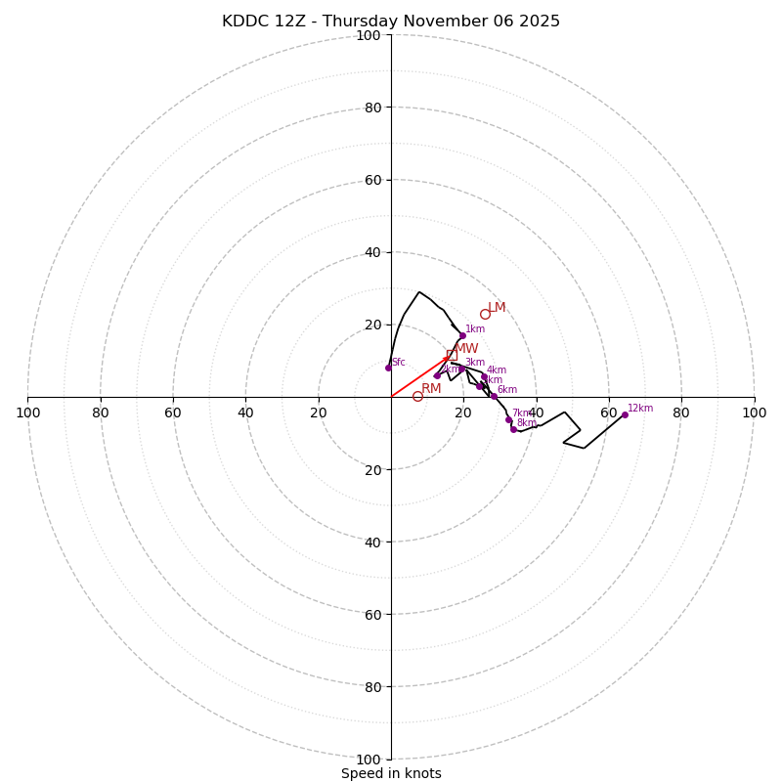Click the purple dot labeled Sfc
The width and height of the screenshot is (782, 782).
(x=388, y=368)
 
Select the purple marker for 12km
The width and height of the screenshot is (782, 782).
(x=625, y=414)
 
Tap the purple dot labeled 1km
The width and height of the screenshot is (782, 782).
(x=462, y=335)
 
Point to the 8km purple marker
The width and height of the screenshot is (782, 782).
(x=513, y=429)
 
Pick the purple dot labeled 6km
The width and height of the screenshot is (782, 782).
(x=494, y=396)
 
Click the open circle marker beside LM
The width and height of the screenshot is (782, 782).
(x=485, y=314)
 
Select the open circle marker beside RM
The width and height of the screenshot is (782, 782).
(x=417, y=396)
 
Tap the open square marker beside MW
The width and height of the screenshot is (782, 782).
(x=450, y=355)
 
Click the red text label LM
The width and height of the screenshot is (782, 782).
(x=497, y=308)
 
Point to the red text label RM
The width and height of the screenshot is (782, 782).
(x=431, y=388)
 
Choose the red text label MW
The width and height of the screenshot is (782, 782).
(x=466, y=349)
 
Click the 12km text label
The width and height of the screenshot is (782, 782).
(x=640, y=409)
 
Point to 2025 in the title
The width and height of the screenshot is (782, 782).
(x=539, y=22)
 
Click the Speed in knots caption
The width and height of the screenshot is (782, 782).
(x=391, y=773)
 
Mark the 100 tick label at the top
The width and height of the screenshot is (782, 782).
(x=368, y=36)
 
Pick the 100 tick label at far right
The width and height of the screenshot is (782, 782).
(x=754, y=413)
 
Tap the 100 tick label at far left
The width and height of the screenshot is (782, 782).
(x=28, y=413)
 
